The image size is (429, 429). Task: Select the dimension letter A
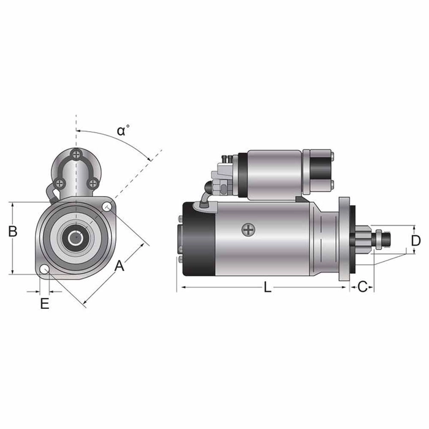coord(120,265)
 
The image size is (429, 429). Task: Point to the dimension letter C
coord(362,286)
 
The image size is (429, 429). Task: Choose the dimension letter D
coord(416,240)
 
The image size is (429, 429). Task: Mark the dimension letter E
coord(45,303)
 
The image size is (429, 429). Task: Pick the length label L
coord(267,287)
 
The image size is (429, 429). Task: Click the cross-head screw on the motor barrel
coord(248,230)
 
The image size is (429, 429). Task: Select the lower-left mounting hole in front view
coord(45,270)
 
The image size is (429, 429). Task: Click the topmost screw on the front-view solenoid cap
coord(75,153)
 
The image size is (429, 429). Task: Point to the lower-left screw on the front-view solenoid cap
coord(59,183)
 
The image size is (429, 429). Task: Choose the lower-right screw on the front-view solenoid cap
coord(92,183)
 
